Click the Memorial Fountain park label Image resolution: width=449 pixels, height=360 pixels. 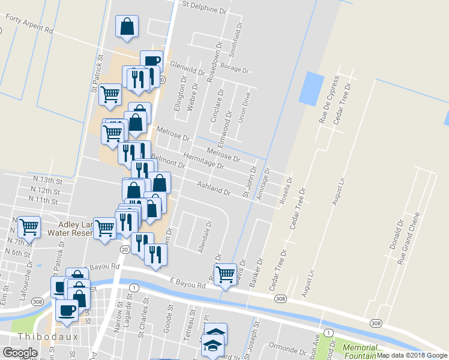[360, 352]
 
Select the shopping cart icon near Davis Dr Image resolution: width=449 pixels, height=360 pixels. [225, 274]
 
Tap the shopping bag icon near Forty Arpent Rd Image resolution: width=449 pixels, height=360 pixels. [127, 26]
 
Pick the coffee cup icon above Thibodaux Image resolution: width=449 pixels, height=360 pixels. [67, 310]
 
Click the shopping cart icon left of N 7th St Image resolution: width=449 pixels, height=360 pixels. [29, 226]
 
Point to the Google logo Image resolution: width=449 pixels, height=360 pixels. [19, 353]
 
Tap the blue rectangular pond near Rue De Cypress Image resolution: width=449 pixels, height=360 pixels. [311, 89]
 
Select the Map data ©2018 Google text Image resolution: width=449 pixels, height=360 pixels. [412, 355]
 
